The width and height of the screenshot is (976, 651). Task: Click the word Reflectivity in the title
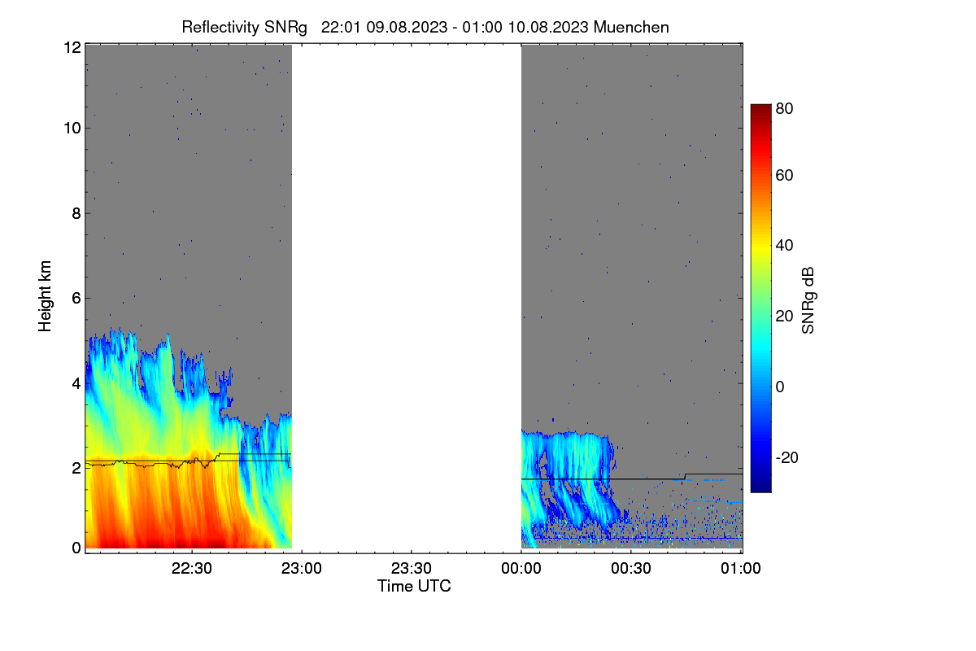pyautogui.click(x=220, y=28)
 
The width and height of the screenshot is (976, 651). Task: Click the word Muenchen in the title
pyautogui.click(x=631, y=27)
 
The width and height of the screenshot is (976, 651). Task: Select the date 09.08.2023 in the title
pyautogui.click(x=407, y=27)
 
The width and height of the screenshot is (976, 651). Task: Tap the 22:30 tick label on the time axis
pyautogui.click(x=191, y=568)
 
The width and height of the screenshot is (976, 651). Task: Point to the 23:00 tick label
pyautogui.click(x=301, y=568)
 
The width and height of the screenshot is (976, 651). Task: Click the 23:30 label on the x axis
pyautogui.click(x=411, y=568)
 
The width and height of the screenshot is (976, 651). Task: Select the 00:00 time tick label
pyautogui.click(x=521, y=568)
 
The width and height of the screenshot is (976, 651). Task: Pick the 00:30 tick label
pyautogui.click(x=631, y=568)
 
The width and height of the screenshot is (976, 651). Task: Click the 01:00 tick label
pyautogui.click(x=741, y=568)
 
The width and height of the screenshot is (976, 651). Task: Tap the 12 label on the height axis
pyautogui.click(x=72, y=47)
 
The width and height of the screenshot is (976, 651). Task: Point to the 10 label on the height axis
pyautogui.click(x=72, y=129)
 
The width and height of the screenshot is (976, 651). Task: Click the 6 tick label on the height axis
pyautogui.click(x=76, y=299)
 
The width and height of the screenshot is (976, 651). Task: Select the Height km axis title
pyautogui.click(x=45, y=296)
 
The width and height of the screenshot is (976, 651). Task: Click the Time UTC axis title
pyautogui.click(x=414, y=586)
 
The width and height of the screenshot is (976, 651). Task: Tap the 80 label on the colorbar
pyautogui.click(x=784, y=108)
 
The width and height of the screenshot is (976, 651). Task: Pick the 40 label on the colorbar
pyautogui.click(x=784, y=246)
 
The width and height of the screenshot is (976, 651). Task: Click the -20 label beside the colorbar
pyautogui.click(x=787, y=457)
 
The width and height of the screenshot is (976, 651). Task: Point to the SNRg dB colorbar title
pyautogui.click(x=808, y=300)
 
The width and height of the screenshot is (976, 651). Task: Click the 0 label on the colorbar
pyautogui.click(x=780, y=387)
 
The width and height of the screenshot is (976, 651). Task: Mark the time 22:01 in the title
pyautogui.click(x=341, y=27)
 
